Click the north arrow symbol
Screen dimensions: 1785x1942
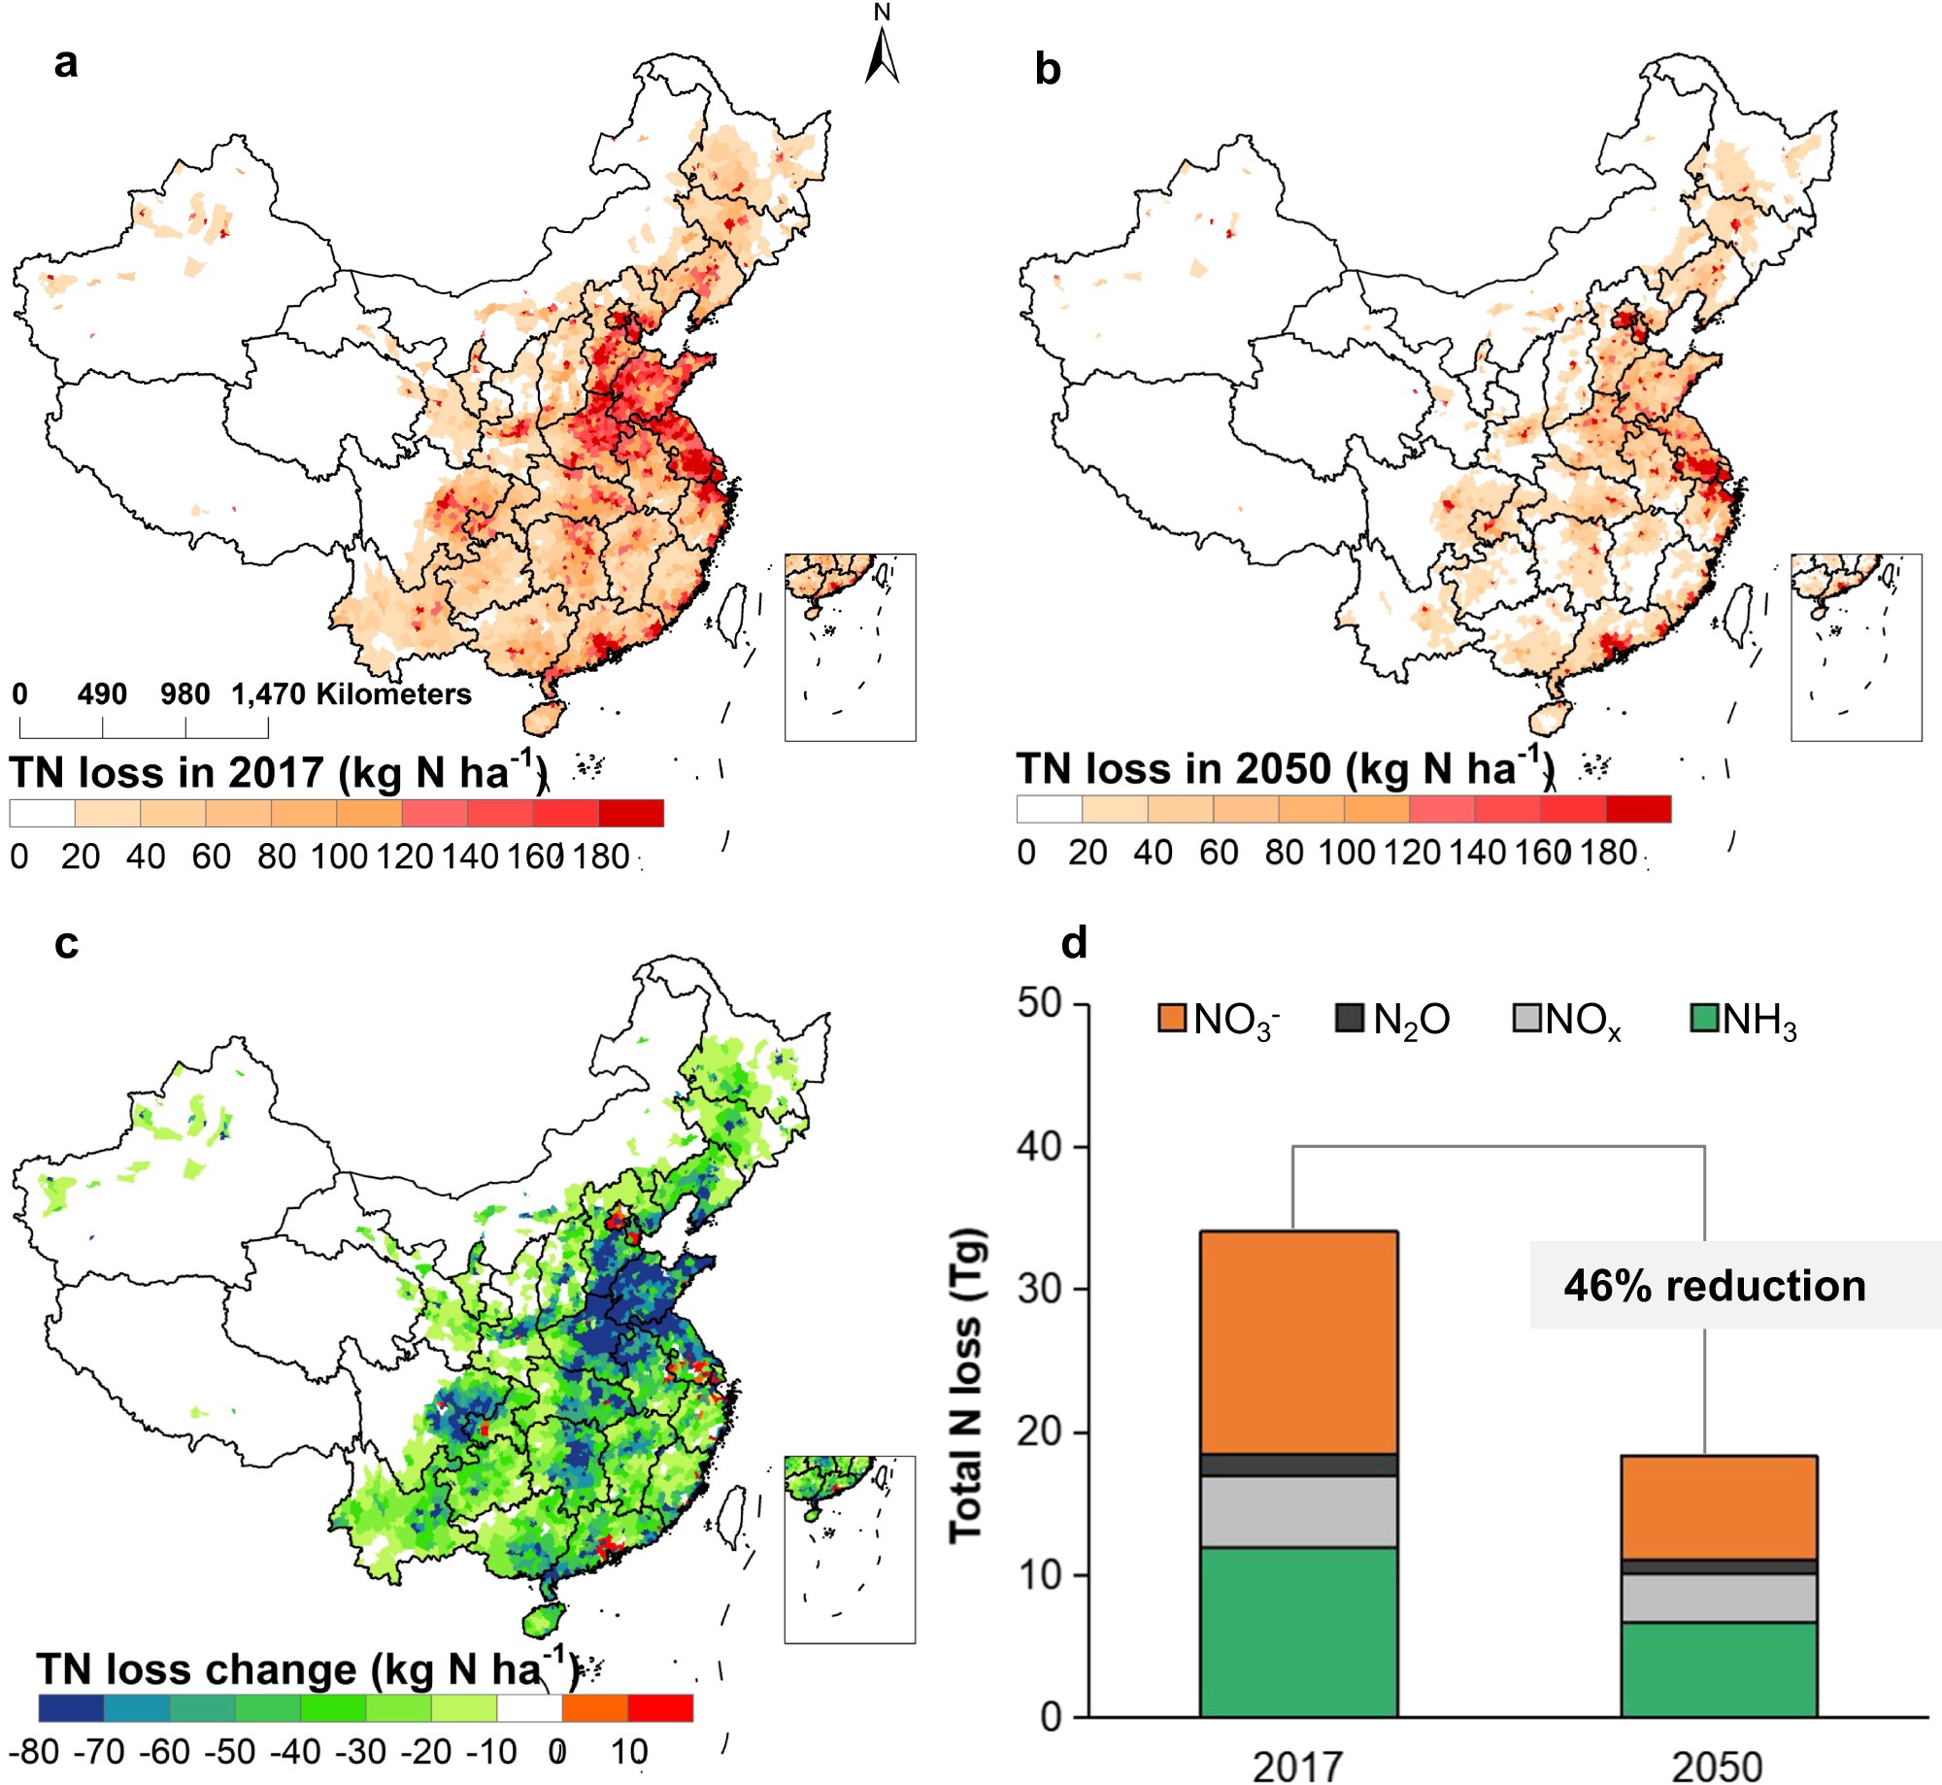click(882, 56)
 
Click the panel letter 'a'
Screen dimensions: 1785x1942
click(66, 63)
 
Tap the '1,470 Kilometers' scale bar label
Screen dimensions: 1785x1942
click(352, 694)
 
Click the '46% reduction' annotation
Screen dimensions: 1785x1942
click(1715, 1286)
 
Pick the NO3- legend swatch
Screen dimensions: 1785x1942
click(1172, 1019)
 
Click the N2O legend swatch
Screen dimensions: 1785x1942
click(1350, 1019)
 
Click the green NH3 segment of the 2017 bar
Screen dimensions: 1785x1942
click(1298, 1632)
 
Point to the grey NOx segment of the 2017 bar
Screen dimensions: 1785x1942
click(1298, 1511)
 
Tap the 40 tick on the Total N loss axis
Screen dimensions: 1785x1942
click(1039, 1147)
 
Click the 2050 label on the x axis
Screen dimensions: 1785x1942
click(1717, 1766)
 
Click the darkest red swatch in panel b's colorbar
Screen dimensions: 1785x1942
click(1638, 809)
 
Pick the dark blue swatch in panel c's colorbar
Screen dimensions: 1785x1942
click(71, 1708)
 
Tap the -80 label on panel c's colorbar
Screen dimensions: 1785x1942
click(35, 1752)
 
